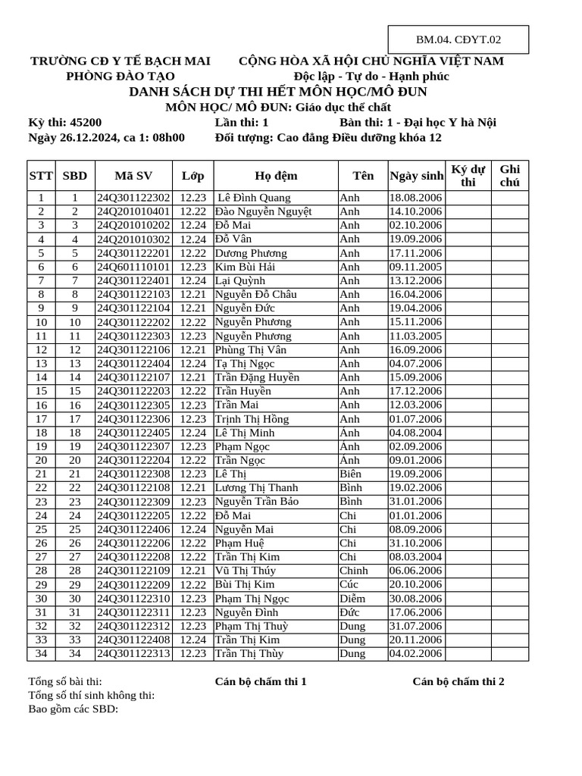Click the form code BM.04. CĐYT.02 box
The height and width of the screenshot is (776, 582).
coord(458,40)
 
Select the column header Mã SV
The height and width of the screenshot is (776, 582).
coord(133,176)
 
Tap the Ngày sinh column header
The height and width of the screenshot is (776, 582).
coord(416,176)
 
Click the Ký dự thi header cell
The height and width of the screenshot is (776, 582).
coord(468,175)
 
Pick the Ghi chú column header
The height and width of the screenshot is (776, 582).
coord(510,175)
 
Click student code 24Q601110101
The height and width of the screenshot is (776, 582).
coord(133,267)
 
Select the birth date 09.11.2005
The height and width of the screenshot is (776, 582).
coord(415,267)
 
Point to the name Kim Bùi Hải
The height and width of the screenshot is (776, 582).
coord(245,267)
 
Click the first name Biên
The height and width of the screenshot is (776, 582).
coord(350,474)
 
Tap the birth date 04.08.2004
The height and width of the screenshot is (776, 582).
coord(415,433)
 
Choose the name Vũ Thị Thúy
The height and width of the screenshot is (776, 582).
coord(246,571)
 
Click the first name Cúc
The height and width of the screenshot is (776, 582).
coord(349,584)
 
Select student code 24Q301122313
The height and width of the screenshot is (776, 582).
coord(133,653)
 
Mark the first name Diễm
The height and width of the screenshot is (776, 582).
coord(352,598)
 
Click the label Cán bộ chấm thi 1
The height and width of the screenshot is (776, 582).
coord(261,681)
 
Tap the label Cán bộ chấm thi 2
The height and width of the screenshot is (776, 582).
coord(458,681)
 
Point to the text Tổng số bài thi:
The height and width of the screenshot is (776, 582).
coord(65,681)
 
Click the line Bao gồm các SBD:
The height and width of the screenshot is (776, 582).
coord(73,709)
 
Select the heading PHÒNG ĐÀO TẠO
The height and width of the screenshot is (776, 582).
coord(120,76)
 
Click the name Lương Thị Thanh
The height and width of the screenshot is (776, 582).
coord(256,487)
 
